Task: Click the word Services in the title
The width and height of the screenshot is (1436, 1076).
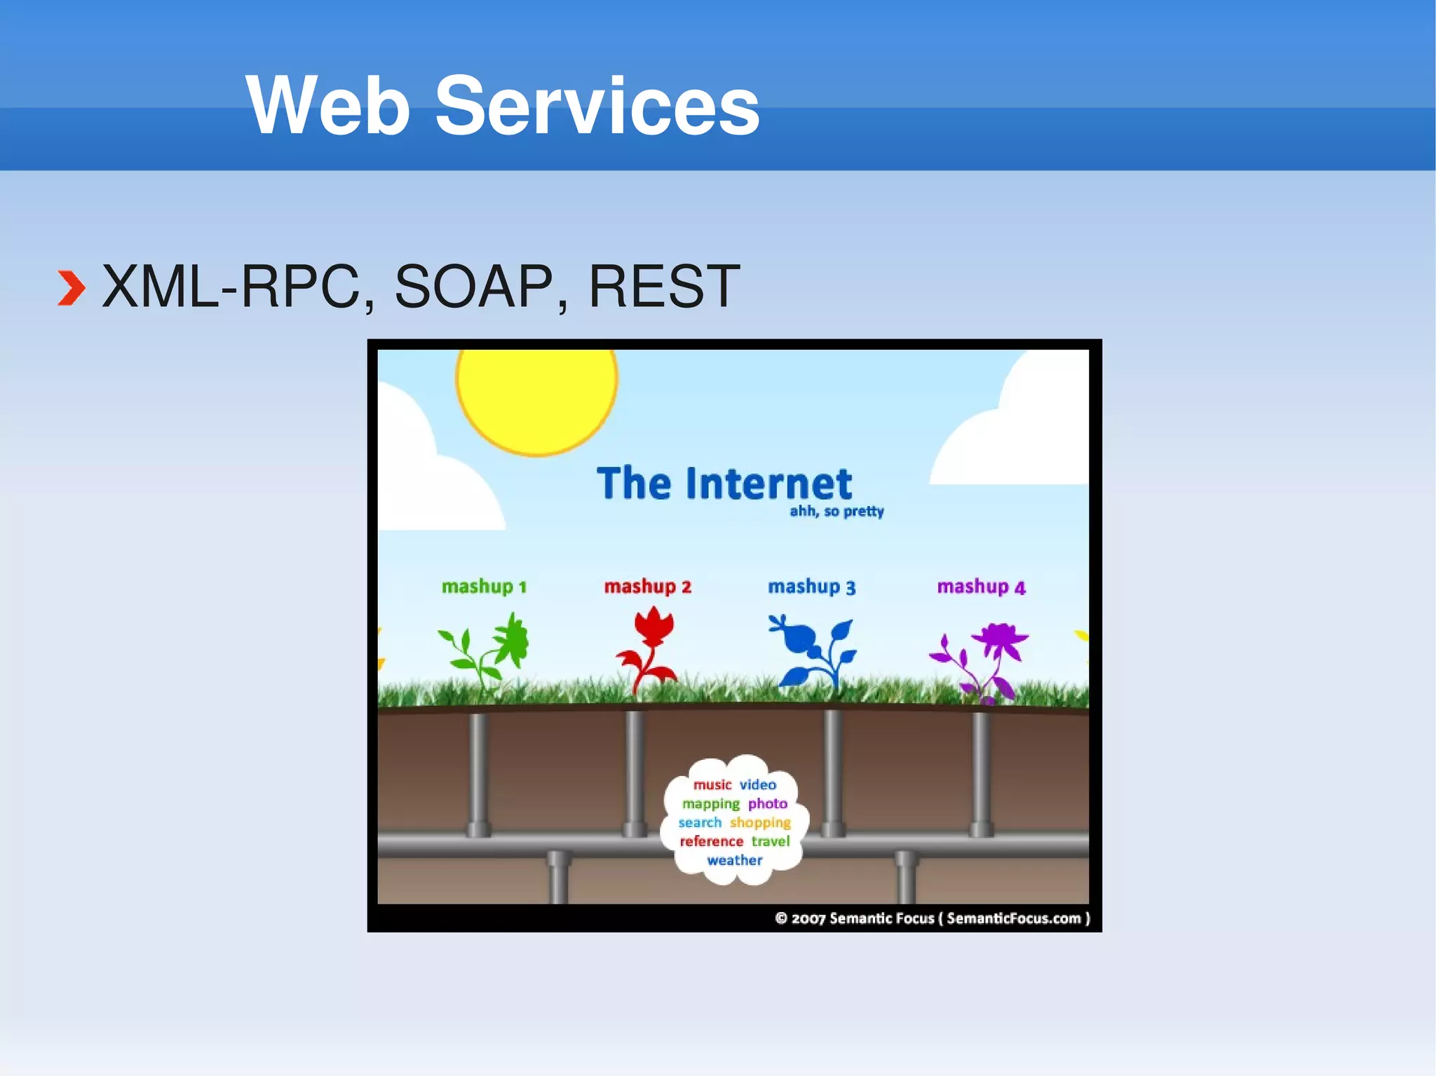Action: pyautogui.click(x=597, y=107)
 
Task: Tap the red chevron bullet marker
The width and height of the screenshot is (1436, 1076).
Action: pyautogui.click(x=71, y=288)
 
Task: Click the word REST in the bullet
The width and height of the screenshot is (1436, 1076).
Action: pyautogui.click(x=663, y=287)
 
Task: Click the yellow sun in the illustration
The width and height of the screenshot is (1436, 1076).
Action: pyautogui.click(x=536, y=396)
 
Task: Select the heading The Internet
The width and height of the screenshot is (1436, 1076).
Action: pyautogui.click(x=724, y=484)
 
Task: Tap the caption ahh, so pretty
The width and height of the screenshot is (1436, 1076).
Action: pyautogui.click(x=836, y=512)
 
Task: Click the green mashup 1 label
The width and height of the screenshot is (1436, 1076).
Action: pyautogui.click(x=484, y=587)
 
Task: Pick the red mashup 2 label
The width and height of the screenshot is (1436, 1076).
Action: pyautogui.click(x=648, y=587)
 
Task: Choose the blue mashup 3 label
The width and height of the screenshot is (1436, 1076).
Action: pyautogui.click(x=811, y=587)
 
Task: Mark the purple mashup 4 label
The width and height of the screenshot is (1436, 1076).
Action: pyautogui.click(x=981, y=587)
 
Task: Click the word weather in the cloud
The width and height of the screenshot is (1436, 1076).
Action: pyautogui.click(x=734, y=860)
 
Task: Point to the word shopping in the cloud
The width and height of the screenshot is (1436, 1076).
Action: pyautogui.click(x=760, y=822)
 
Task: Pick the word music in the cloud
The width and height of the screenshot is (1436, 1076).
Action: pyautogui.click(x=712, y=785)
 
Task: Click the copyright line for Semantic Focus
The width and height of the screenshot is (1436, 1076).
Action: pyautogui.click(x=933, y=918)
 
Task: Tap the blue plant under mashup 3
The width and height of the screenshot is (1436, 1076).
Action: pyautogui.click(x=813, y=652)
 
